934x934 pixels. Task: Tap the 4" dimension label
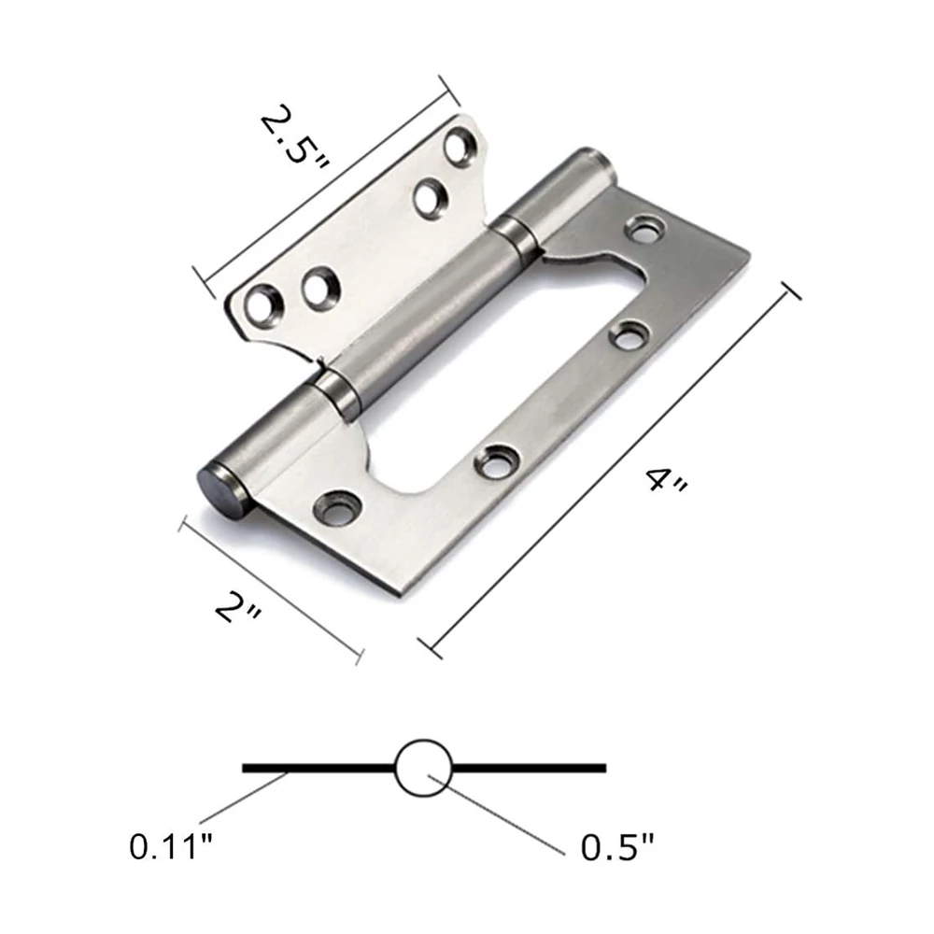point(666,483)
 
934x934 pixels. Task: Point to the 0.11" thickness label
point(171,848)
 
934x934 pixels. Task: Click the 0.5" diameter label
point(617,848)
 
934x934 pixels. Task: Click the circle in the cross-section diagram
point(423,769)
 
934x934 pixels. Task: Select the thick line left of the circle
point(318,769)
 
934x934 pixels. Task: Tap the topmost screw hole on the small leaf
point(459,147)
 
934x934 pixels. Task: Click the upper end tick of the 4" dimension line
point(791,290)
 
